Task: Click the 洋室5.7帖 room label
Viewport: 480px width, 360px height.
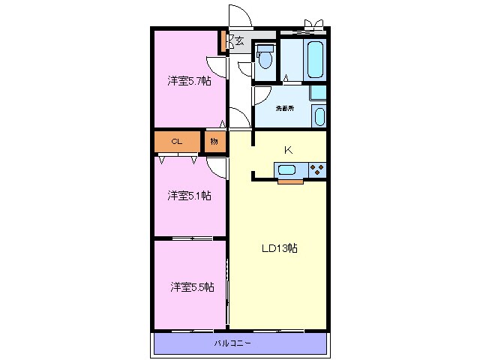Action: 189,81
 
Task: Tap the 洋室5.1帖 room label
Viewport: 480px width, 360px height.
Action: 189,195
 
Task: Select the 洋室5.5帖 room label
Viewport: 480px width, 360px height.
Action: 192,287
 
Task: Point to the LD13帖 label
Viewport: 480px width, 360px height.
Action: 280,248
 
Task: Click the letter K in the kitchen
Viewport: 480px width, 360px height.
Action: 288,150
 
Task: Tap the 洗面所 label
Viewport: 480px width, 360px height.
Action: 285,108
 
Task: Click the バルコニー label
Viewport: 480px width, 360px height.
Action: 232,343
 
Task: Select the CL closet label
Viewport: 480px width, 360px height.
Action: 177,142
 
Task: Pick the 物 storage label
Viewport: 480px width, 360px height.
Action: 214,142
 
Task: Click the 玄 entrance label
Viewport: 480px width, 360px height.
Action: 239,40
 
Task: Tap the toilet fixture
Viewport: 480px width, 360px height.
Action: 265,57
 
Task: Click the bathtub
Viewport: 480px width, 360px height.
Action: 316,60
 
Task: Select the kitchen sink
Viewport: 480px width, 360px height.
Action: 286,170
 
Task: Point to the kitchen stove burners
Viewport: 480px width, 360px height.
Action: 317,170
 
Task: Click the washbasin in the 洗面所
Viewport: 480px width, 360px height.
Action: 319,117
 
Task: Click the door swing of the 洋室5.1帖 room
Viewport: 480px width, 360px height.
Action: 217,168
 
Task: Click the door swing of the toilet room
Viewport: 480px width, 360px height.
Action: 245,68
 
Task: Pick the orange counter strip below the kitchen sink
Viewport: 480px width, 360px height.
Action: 290,181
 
